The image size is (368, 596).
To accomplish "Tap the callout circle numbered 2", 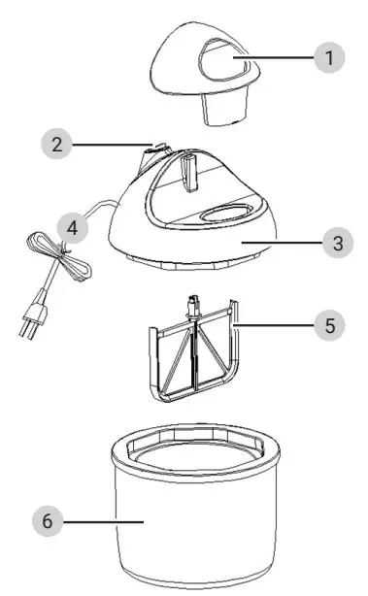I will (x=56, y=146).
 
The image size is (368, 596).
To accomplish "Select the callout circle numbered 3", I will (x=337, y=243).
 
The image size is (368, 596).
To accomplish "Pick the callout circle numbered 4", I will (x=69, y=229).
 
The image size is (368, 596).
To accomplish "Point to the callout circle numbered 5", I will (x=329, y=325).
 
